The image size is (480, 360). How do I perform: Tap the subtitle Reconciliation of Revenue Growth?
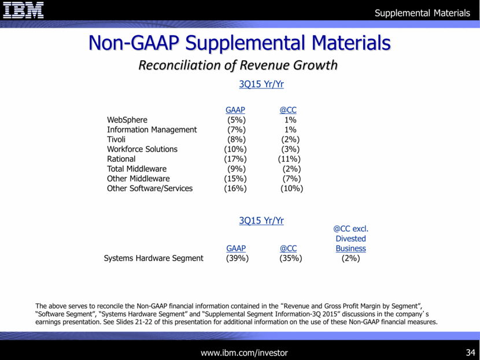[x=238, y=65]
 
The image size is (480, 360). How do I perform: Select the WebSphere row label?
[x=127, y=120]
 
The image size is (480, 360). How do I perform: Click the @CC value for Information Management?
[x=290, y=129]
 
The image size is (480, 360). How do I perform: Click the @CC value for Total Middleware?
[x=290, y=169]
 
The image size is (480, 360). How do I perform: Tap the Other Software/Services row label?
[x=150, y=188]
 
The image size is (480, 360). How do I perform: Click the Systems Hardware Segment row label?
[x=153, y=258]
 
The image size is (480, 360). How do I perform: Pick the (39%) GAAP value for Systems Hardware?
[x=237, y=258]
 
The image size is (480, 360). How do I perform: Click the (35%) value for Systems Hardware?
[x=290, y=258]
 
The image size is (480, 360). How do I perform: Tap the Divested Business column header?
[x=350, y=239]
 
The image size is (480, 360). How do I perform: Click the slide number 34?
[x=470, y=352]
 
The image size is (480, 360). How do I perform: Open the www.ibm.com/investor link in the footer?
[x=244, y=352]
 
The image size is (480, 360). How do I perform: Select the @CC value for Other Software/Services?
[x=291, y=188]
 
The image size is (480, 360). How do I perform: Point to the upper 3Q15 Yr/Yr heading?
[x=261, y=84]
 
